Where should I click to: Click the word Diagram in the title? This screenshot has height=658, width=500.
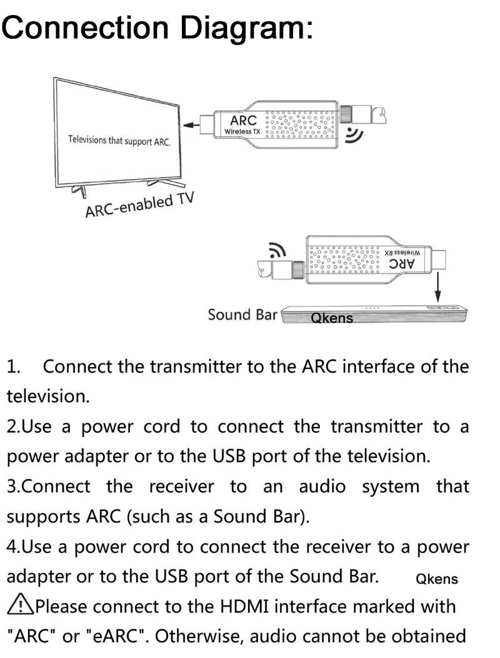[x=247, y=27]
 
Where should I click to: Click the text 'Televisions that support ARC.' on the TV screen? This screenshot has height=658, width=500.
[x=119, y=140]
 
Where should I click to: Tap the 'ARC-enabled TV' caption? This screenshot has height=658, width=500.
[x=139, y=205]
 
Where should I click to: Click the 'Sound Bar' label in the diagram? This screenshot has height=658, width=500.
[x=242, y=314]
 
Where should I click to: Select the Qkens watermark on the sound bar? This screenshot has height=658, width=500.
[x=332, y=318]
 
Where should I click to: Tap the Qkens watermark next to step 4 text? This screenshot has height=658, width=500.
[x=437, y=579]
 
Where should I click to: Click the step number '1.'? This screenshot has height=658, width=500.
[x=15, y=366]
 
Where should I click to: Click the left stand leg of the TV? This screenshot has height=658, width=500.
[x=76, y=190]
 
